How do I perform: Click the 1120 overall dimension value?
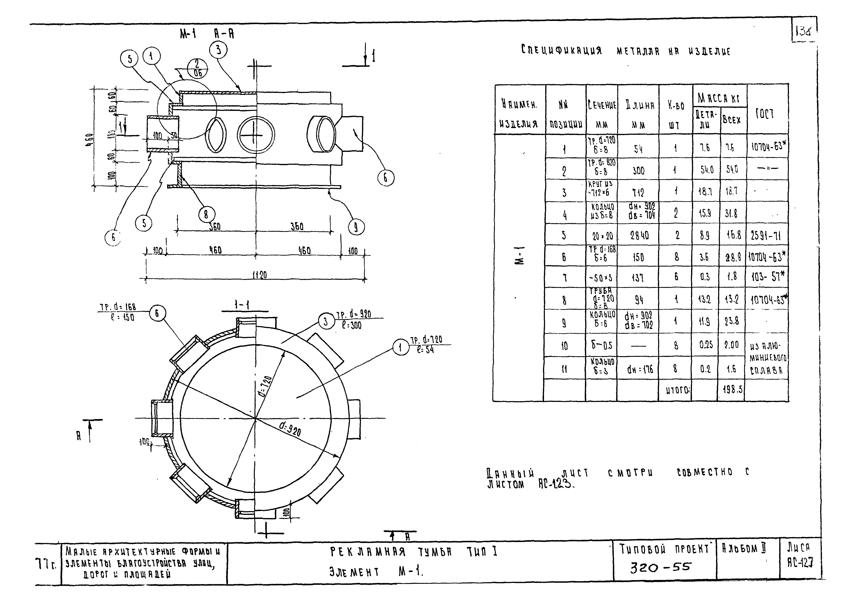260,275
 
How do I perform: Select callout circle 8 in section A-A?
206,214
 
